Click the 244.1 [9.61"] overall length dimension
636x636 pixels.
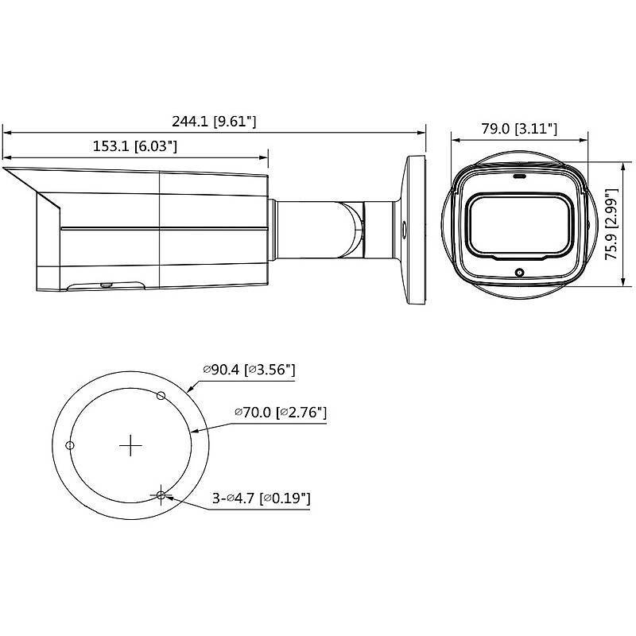point(214,122)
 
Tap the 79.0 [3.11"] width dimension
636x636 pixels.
point(520,129)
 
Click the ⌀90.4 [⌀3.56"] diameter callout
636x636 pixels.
point(249,370)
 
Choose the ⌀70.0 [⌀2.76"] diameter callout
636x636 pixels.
point(281,413)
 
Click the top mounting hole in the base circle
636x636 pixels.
point(161,396)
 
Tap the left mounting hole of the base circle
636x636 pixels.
point(70,445)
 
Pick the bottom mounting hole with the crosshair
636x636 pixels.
point(161,495)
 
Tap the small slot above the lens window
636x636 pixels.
point(520,177)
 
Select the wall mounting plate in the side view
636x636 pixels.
point(415,230)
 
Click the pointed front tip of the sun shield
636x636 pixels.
point(6,169)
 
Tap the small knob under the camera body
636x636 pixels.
point(104,282)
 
